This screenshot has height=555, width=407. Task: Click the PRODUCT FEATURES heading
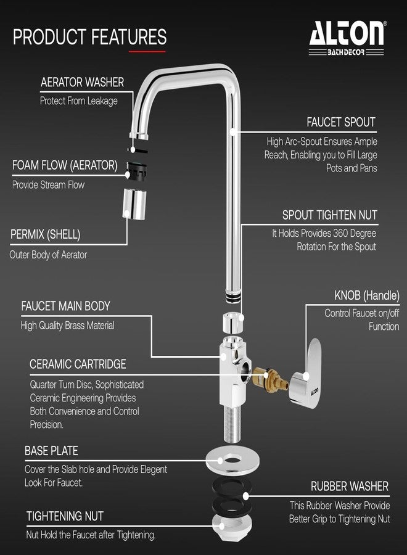tap(90, 37)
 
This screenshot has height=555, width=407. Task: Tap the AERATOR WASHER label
tap(82, 82)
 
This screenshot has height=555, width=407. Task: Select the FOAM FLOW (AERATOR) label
tap(65, 165)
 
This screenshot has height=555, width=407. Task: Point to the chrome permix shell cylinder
tap(134, 203)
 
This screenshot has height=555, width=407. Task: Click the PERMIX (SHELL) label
tap(45, 234)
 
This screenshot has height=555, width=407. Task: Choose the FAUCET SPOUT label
tap(341, 122)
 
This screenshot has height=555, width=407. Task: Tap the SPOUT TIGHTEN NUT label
tap(329, 215)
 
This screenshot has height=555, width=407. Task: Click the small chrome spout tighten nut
tap(233, 321)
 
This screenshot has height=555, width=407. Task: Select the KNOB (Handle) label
tap(367, 295)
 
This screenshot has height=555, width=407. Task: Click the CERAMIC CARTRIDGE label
tap(78, 364)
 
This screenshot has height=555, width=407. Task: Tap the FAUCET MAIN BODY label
tap(65, 306)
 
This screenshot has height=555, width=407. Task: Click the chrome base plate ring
tap(232, 461)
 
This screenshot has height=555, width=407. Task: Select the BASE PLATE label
tap(51, 451)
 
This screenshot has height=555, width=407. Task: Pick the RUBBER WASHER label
tap(350, 487)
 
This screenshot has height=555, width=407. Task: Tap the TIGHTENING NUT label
tap(65, 516)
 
